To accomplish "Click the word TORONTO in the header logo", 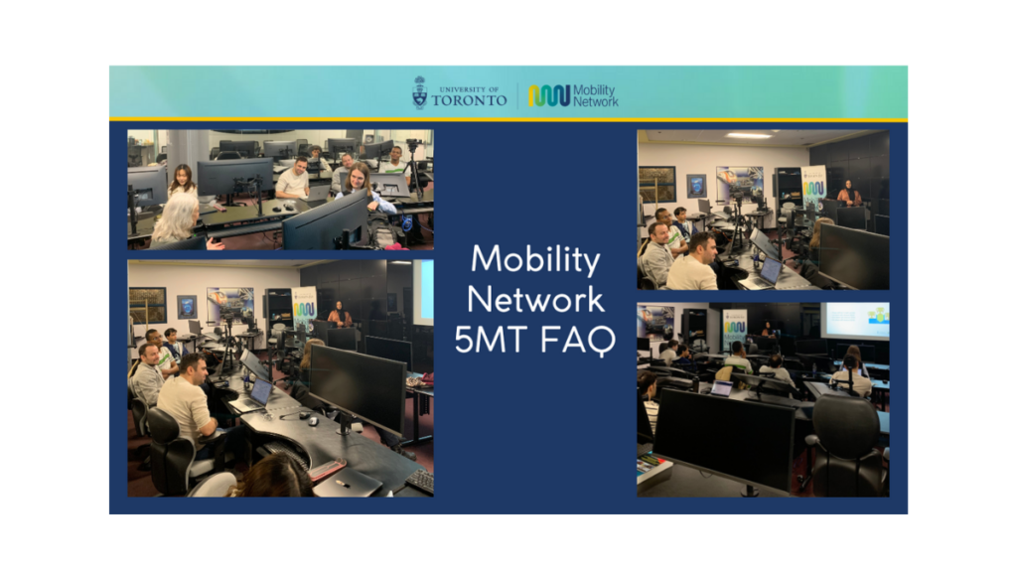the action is (469, 100).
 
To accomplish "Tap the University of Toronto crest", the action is (420, 92).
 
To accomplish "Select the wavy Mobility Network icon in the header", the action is (548, 96).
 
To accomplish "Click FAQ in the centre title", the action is (577, 341).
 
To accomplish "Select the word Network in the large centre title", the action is (535, 300).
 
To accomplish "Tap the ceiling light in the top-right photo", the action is (749, 135).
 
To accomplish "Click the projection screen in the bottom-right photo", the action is (855, 320).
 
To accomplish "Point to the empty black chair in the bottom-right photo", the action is (843, 444).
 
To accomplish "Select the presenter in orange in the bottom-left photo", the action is (340, 315).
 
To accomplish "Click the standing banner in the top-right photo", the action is (813, 188).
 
